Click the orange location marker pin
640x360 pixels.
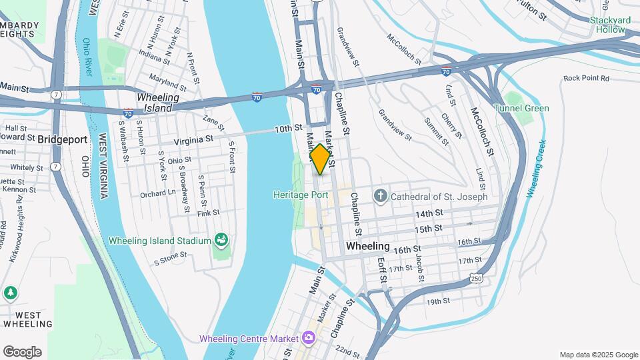320,159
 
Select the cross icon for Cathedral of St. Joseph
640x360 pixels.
380,196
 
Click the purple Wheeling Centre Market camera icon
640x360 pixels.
308,338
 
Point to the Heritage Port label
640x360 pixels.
301,195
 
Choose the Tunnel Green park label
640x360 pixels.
521,108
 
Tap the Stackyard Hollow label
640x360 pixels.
611,25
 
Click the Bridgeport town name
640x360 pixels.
63,139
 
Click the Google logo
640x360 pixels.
22,351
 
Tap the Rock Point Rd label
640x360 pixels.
587,78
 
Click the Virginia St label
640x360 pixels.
193,140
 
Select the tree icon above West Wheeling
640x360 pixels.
10,293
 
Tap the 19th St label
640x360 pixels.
439,301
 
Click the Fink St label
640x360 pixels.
208,213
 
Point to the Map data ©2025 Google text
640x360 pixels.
599,355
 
